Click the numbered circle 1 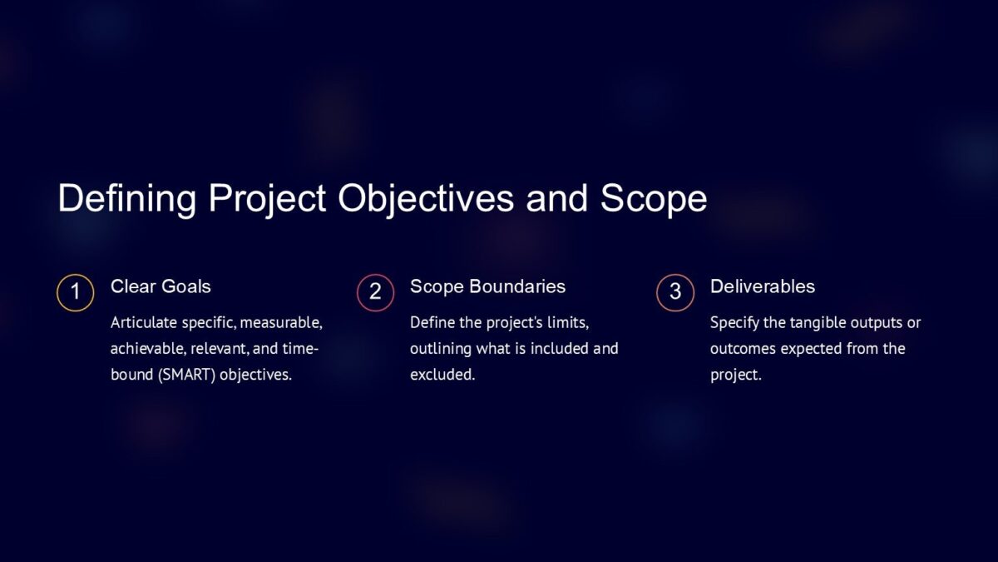[75, 292]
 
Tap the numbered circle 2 [375, 292]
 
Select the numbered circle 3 [674, 292]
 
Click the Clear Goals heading [161, 286]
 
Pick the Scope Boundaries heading [487, 286]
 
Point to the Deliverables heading [762, 286]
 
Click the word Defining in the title [127, 199]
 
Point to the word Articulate [143, 322]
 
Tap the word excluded [442, 375]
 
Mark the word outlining [440, 348]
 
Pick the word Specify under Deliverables [734, 322]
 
